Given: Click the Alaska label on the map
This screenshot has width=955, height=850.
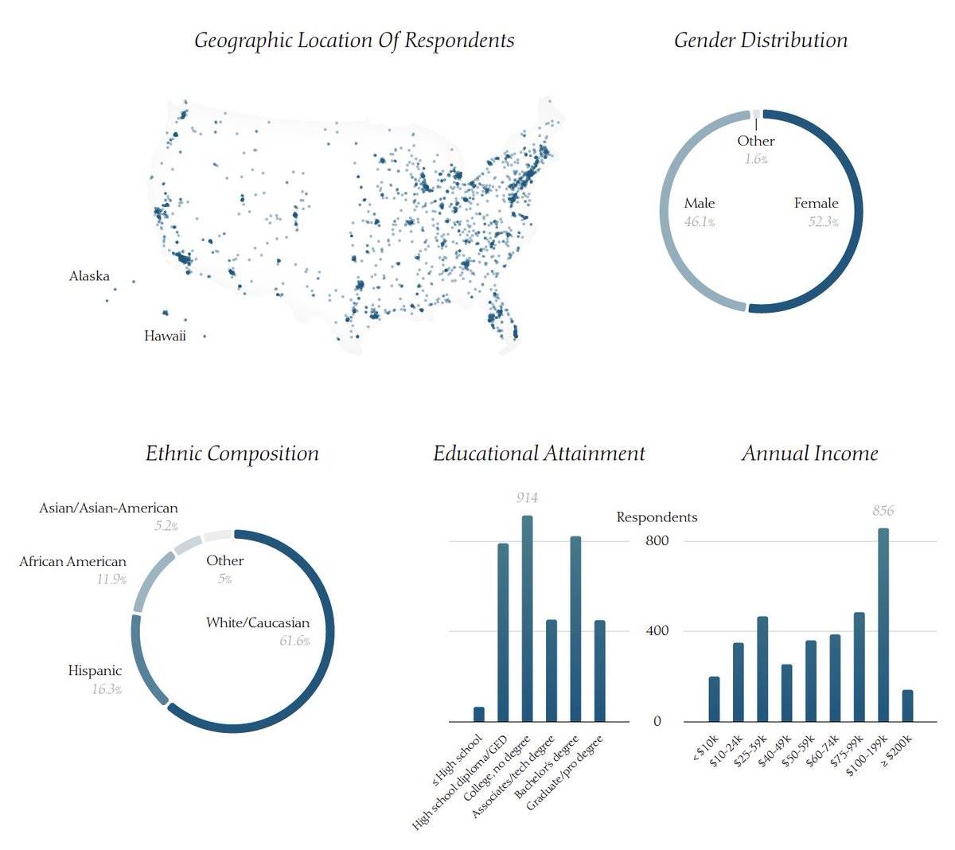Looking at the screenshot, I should click(x=89, y=276).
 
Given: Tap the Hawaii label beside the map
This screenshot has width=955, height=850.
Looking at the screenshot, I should click(x=165, y=336).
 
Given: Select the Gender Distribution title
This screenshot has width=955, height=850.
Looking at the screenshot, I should click(x=761, y=41).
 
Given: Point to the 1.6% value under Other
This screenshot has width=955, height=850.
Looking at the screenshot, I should click(x=756, y=159).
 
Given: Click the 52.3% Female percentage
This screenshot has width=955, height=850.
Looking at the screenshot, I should click(x=824, y=222).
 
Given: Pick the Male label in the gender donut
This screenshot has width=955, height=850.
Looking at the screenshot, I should click(x=700, y=204).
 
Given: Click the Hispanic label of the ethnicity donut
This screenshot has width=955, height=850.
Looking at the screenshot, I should click(x=95, y=671).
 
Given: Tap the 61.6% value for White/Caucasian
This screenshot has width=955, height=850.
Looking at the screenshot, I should click(x=294, y=641).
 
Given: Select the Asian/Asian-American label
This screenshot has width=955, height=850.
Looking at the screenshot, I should click(x=108, y=508).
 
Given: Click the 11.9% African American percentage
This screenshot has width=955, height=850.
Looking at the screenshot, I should click(x=111, y=579).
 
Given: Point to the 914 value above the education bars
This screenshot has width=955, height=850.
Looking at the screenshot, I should click(x=527, y=498).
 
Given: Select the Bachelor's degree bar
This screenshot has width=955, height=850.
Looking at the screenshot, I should click(x=575, y=629).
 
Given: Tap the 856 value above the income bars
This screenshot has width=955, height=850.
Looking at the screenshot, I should click(x=883, y=511).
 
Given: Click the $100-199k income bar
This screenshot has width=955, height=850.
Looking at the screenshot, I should click(x=883, y=625).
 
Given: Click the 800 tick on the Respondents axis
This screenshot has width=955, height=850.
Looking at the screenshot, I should click(x=657, y=541).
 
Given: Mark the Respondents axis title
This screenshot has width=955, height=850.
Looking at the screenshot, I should click(x=657, y=517).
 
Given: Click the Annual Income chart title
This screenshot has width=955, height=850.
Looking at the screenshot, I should click(x=810, y=454).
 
